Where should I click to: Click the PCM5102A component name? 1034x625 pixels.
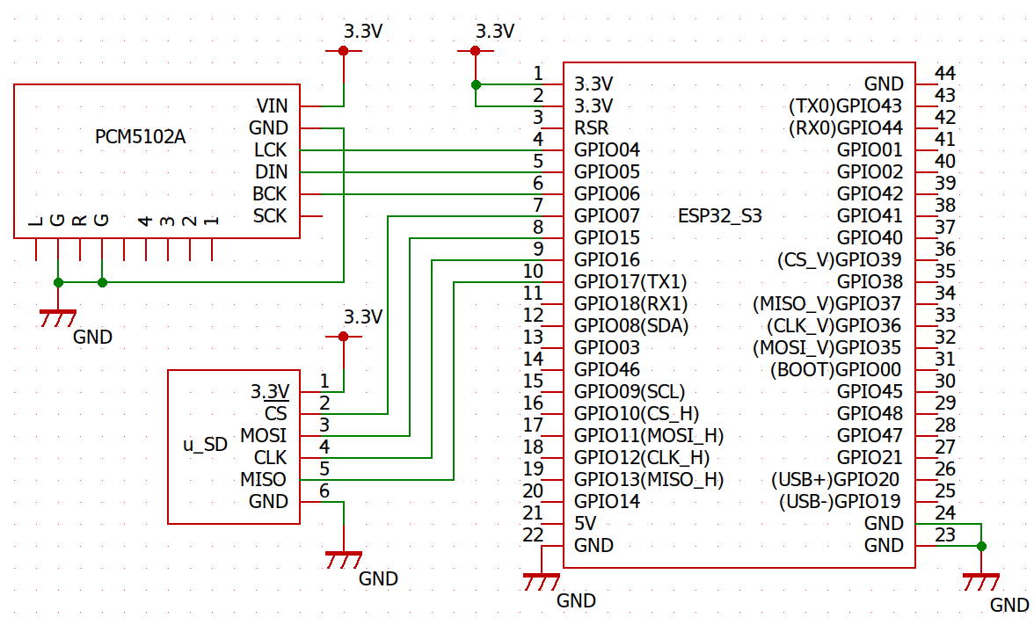click(141, 138)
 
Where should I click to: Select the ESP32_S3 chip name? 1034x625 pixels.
click(720, 215)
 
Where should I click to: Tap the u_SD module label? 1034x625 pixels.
click(205, 445)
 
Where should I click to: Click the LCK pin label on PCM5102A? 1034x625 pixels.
click(270, 150)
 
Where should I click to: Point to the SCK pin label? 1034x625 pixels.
click(270, 216)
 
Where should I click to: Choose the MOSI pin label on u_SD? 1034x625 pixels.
click(264, 436)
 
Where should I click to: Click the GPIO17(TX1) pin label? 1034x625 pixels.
click(630, 282)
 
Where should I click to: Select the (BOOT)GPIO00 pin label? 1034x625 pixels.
click(836, 370)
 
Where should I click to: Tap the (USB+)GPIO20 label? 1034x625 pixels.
click(836, 480)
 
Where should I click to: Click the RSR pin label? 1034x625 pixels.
click(591, 128)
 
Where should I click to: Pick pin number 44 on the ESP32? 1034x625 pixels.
click(945, 74)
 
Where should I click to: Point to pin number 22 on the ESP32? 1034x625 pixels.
click(533, 535)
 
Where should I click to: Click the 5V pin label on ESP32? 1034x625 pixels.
click(586, 524)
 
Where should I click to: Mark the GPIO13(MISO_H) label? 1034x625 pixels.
click(649, 480)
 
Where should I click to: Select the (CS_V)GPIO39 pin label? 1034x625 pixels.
click(840, 260)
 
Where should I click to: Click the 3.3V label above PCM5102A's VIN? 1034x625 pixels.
click(363, 32)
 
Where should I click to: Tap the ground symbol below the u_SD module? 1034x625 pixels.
click(343, 558)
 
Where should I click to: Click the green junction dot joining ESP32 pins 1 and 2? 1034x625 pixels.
click(476, 84)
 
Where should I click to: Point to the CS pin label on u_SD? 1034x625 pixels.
click(275, 414)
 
